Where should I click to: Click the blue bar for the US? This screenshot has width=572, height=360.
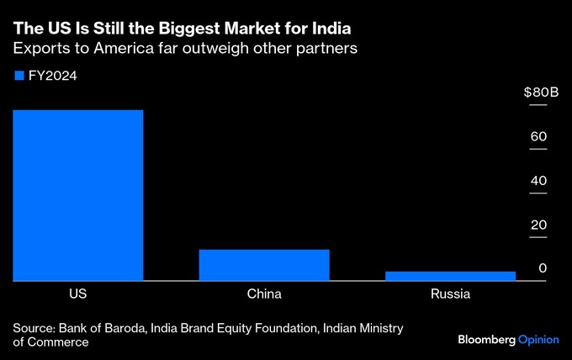click(x=77, y=195)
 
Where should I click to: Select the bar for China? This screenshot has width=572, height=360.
click(x=264, y=264)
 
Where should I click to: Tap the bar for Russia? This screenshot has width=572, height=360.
click(x=450, y=275)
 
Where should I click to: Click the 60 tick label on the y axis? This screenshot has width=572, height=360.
click(x=539, y=136)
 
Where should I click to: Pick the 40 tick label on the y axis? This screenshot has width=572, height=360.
click(x=539, y=181)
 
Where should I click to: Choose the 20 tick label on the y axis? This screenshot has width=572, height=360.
click(x=539, y=225)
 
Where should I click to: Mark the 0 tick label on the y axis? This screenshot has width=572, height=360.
click(x=543, y=268)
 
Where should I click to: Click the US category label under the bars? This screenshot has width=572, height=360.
click(x=77, y=294)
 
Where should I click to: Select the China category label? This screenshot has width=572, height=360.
click(x=264, y=294)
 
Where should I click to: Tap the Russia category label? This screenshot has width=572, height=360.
click(x=450, y=294)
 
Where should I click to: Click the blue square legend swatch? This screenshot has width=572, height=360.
click(x=19, y=76)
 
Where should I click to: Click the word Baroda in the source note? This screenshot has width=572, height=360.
click(x=124, y=327)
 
